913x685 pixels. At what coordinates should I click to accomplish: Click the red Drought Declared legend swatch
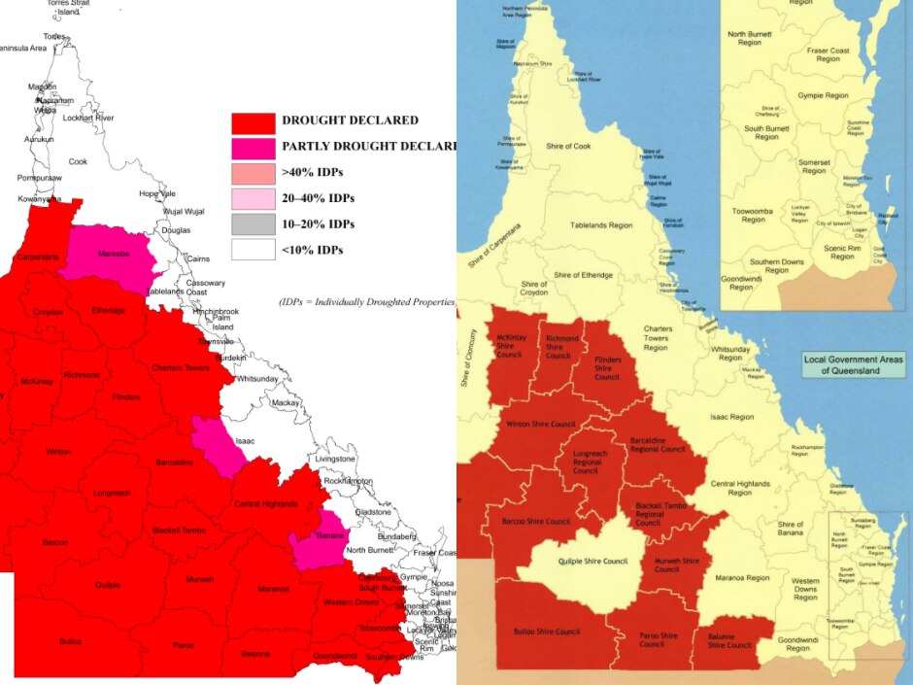point(253,121)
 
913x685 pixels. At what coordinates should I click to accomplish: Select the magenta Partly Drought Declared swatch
point(253,147)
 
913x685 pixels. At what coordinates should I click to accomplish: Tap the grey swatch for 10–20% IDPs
point(253,223)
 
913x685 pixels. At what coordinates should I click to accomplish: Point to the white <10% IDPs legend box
point(253,250)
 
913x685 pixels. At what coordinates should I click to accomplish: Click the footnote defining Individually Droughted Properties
point(367,302)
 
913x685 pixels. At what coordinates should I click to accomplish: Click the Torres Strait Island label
point(68,8)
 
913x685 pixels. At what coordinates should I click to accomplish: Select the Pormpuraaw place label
point(40,180)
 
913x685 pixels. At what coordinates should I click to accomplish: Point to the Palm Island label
point(221,323)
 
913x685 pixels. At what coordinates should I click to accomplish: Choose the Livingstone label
point(336,458)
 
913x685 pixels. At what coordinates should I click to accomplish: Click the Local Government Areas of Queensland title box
point(854,365)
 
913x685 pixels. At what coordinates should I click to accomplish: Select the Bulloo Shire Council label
point(545,632)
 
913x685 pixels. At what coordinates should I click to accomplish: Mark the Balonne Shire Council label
point(729,641)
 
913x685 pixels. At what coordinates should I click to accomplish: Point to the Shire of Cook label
point(568,146)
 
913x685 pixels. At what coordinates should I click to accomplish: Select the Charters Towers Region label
point(658,338)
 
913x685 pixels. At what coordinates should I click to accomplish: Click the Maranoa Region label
point(744,578)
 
